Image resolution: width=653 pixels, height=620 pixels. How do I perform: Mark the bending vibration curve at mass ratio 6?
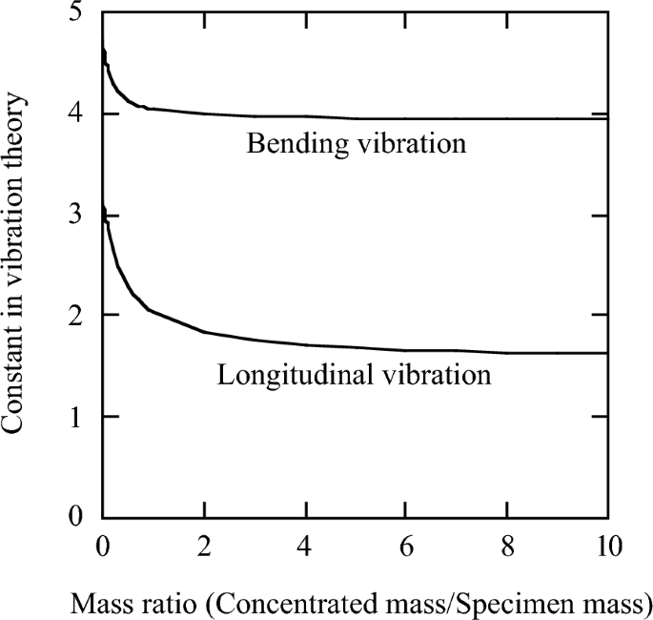406,119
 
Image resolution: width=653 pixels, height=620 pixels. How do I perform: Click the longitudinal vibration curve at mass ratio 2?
204,332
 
